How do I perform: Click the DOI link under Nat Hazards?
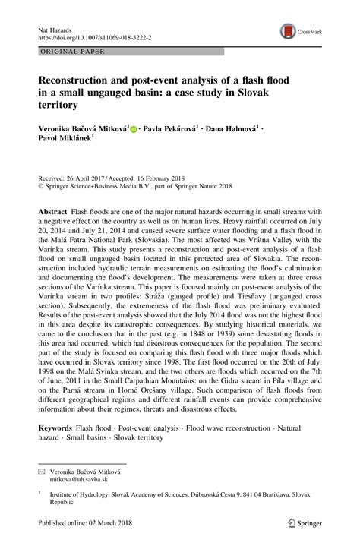[91, 36]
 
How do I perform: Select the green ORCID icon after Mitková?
[134, 130]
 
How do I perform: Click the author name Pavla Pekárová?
[171, 130]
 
